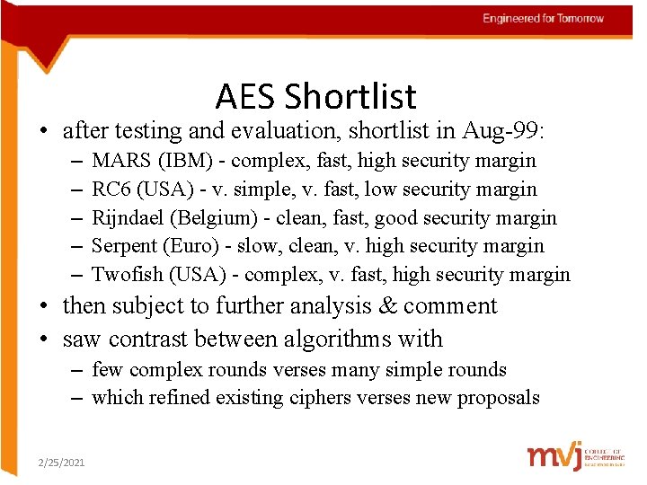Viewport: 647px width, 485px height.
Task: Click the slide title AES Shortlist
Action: [x=316, y=96]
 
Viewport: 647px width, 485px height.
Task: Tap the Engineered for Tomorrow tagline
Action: [x=543, y=18]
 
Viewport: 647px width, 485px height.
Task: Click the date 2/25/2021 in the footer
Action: [x=61, y=462]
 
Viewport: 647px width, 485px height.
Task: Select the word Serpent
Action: [x=125, y=246]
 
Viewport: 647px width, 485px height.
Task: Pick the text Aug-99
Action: [x=510, y=131]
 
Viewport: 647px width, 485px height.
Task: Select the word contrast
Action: [x=163, y=339]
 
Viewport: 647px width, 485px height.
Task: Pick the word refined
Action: [x=177, y=398]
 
